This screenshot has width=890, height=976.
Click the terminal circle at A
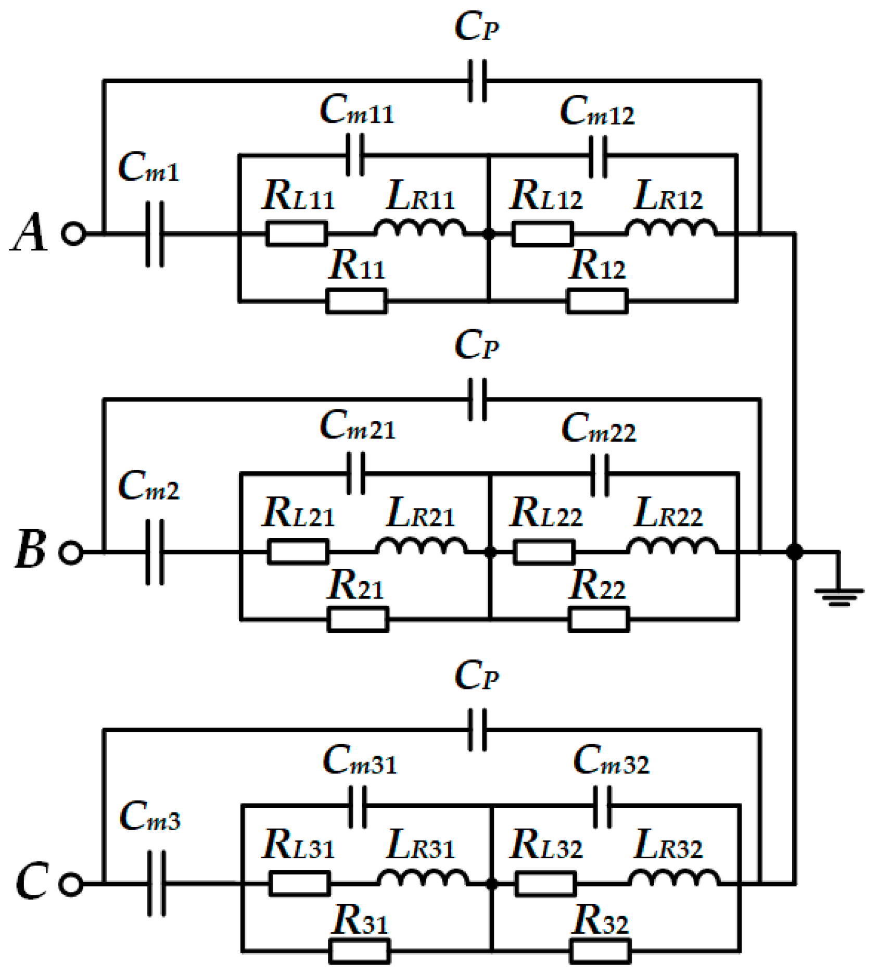(73, 234)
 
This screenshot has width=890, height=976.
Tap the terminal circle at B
(71, 552)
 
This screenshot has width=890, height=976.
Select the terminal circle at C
(71, 884)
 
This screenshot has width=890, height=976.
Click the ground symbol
(839, 597)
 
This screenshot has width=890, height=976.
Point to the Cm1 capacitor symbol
(155, 234)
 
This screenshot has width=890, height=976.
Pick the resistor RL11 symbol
(297, 234)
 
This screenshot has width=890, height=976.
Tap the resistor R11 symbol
(357, 302)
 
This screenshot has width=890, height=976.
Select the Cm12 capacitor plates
(598, 156)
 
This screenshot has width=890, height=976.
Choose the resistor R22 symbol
(599, 620)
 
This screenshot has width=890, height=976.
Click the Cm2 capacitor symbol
(155, 552)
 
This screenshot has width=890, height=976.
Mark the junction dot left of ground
(794, 552)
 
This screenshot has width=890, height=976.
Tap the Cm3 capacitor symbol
(156, 884)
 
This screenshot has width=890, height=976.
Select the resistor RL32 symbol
(545, 884)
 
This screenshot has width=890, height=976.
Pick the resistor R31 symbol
(359, 952)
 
